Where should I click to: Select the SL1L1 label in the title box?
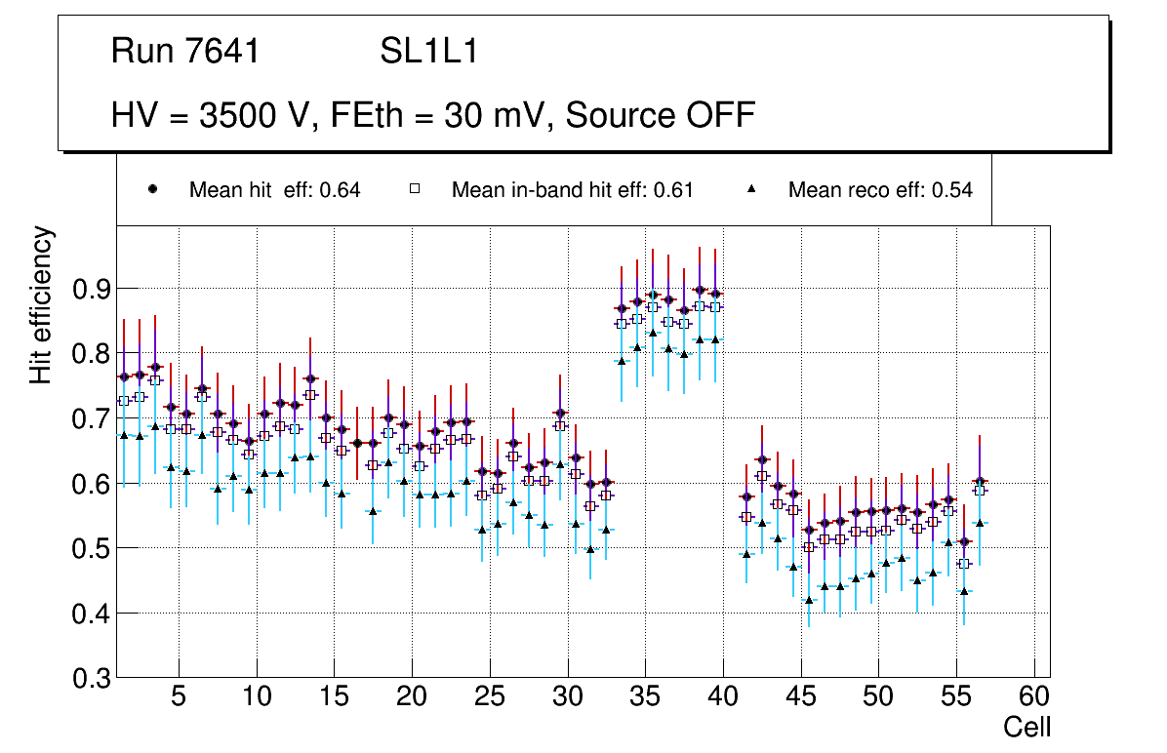(x=429, y=52)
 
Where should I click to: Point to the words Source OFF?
(x=661, y=115)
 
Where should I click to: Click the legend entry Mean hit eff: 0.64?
(x=274, y=190)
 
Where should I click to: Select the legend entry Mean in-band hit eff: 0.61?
(x=572, y=190)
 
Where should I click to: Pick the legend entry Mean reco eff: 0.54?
(x=880, y=190)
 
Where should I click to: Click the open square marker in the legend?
(x=414, y=189)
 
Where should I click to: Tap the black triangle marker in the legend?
(x=751, y=189)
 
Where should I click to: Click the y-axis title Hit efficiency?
(x=42, y=304)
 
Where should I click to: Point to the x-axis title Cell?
(x=1027, y=727)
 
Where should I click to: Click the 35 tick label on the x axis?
(x=645, y=697)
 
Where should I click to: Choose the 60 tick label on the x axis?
(x=1034, y=697)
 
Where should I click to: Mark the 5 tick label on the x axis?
(x=178, y=697)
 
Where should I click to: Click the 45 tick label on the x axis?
(x=800, y=697)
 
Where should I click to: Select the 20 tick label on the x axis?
(x=411, y=697)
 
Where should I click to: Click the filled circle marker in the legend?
(x=152, y=189)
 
